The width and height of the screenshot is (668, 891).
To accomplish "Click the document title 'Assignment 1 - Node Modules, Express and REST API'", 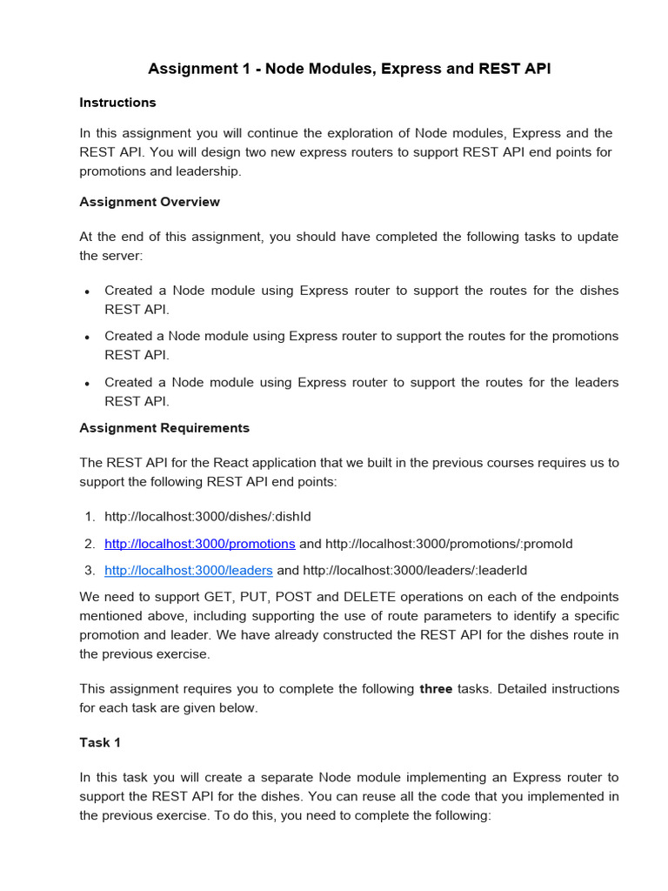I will point(349,69).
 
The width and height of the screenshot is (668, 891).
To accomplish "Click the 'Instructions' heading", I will point(117,103).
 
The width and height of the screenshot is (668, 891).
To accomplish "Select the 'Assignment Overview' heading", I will point(150,202).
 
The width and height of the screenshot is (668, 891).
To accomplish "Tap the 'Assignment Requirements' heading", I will point(164,428).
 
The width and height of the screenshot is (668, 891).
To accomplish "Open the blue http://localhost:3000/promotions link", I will point(200,544).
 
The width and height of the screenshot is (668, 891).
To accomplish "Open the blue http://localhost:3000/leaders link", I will point(189,571).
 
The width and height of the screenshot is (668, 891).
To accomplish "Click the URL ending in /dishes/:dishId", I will point(207,517).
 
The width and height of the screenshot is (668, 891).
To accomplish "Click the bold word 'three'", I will point(435,689).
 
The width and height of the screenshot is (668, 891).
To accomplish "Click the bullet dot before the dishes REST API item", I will point(87,291).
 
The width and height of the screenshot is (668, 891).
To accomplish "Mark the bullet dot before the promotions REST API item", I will point(87,337).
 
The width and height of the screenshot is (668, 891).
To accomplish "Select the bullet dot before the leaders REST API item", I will point(87,383).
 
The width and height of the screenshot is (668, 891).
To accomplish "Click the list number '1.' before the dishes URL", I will point(90,517).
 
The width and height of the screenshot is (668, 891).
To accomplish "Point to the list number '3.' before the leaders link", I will point(90,571).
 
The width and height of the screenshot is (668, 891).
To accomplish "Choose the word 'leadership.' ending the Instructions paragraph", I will point(210,171).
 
